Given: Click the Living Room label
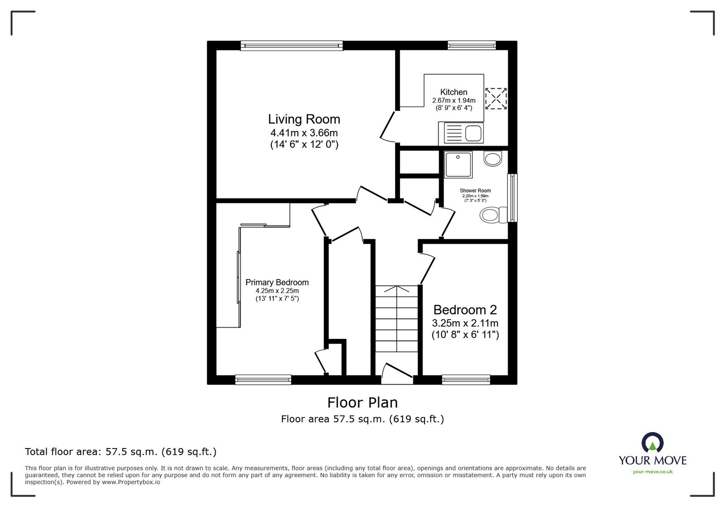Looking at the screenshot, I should (x=304, y=119).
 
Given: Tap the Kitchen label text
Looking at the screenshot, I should (x=454, y=92).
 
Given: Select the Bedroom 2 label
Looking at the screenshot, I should (x=465, y=310).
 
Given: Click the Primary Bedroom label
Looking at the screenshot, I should (x=277, y=282).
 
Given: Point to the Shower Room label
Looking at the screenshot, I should (x=475, y=191).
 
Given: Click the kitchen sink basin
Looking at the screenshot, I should (x=473, y=133).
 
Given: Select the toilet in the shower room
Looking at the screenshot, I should (x=493, y=214).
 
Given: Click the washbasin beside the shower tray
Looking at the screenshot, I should (x=493, y=159).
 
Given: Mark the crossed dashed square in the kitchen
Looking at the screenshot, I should (x=495, y=98).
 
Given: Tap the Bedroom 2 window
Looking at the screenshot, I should (x=466, y=380).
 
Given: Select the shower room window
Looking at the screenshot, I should (x=512, y=198).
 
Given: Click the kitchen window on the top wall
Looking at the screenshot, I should (x=472, y=45).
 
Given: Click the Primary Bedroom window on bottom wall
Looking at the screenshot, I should (x=263, y=380).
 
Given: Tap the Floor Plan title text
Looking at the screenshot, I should (x=362, y=402).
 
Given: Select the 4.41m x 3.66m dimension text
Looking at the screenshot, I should (x=304, y=133).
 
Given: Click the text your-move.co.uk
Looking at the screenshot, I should (x=652, y=472).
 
